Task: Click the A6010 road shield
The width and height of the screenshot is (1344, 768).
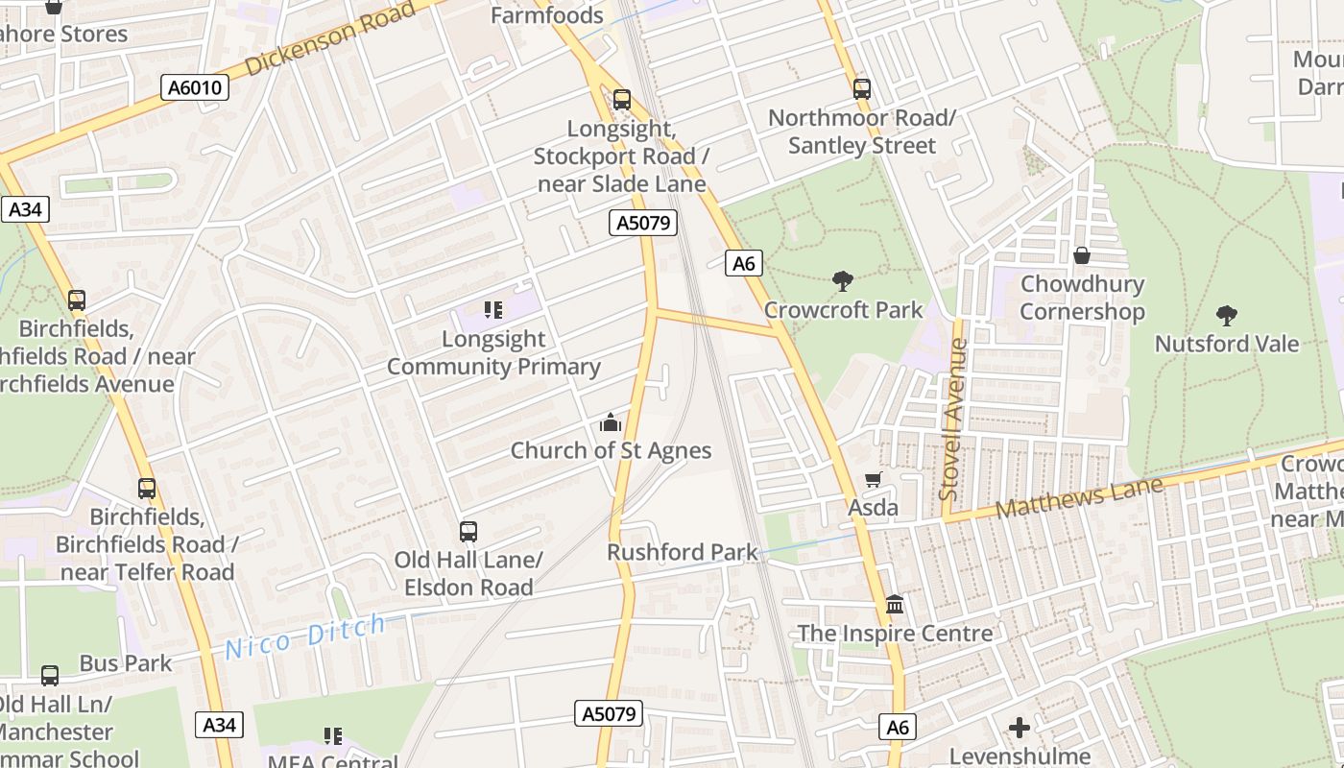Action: click(x=195, y=88)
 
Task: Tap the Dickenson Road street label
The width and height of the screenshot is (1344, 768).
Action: click(x=332, y=39)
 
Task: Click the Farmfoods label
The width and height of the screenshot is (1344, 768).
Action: click(x=547, y=15)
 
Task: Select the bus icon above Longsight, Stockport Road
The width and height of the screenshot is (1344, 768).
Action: click(x=622, y=99)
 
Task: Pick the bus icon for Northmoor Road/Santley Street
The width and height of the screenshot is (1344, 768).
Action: click(x=862, y=89)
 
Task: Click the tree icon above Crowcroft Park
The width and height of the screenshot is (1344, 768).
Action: click(x=843, y=281)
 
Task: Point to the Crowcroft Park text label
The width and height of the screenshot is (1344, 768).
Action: click(x=843, y=310)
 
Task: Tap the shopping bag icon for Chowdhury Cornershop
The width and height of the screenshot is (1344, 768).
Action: click(x=1082, y=255)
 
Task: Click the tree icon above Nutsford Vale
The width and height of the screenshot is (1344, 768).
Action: click(x=1226, y=315)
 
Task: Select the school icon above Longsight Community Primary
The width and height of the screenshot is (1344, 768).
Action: click(x=493, y=310)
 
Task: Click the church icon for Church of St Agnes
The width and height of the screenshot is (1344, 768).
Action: click(x=611, y=422)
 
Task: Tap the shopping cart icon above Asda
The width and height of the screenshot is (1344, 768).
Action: click(x=873, y=479)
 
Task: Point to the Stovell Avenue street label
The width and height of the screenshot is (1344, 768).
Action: click(x=952, y=419)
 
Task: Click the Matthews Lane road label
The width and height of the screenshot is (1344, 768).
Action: click(x=1079, y=497)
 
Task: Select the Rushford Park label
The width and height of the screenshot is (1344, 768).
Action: click(x=682, y=553)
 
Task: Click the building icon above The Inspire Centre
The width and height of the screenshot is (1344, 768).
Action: click(x=895, y=605)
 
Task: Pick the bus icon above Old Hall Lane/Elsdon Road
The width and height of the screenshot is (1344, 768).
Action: click(x=468, y=532)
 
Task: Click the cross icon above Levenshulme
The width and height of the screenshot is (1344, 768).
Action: click(x=1020, y=728)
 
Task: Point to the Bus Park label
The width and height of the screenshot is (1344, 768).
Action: click(x=125, y=663)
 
